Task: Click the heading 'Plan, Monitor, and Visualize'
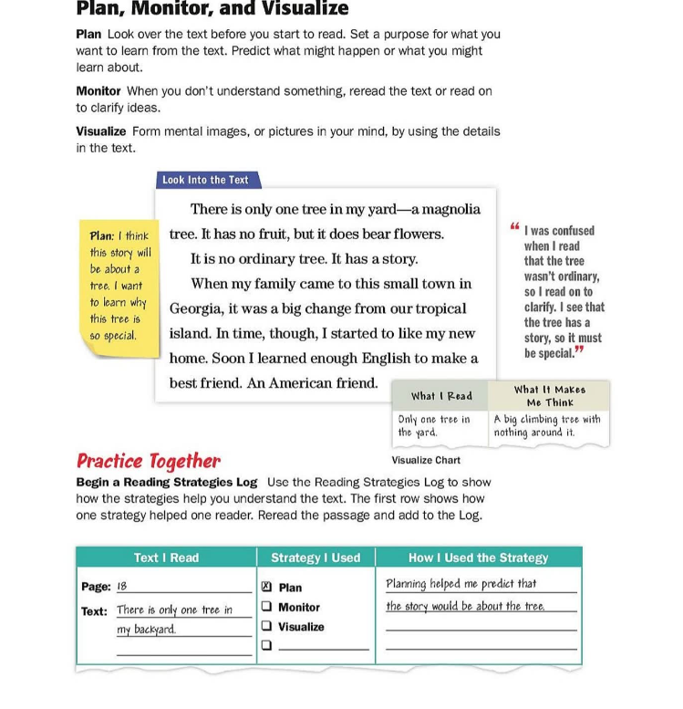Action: pyautogui.click(x=212, y=9)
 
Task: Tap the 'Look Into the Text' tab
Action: pyautogui.click(x=205, y=180)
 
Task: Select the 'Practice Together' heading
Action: pyautogui.click(x=149, y=461)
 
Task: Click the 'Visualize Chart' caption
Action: pyautogui.click(x=426, y=461)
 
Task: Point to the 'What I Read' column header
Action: pyautogui.click(x=441, y=396)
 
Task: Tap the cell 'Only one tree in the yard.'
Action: pyautogui.click(x=434, y=425)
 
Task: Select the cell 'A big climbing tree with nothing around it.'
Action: pyautogui.click(x=547, y=425)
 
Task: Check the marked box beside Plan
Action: pyautogui.click(x=266, y=588)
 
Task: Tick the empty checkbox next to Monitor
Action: pyautogui.click(x=266, y=607)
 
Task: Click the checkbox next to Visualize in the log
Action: pyautogui.click(x=266, y=627)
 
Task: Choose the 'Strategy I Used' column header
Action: pyautogui.click(x=316, y=558)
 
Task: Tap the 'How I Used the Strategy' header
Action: pyautogui.click(x=478, y=558)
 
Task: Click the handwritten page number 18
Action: pyautogui.click(x=122, y=587)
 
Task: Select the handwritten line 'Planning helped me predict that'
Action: pyautogui.click(x=461, y=584)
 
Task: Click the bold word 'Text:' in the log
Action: pyautogui.click(x=94, y=611)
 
